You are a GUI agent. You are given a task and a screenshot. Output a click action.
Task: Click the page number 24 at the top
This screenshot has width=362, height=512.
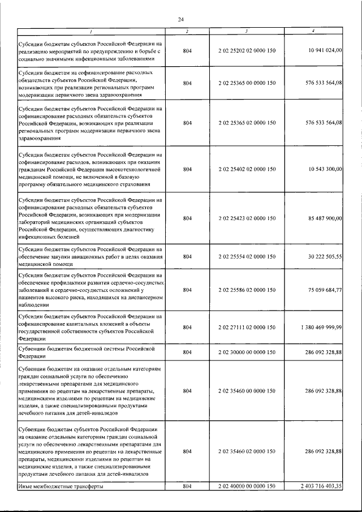click(180, 20)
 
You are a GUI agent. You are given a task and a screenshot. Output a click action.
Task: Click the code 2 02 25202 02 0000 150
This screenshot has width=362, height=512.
click(247, 51)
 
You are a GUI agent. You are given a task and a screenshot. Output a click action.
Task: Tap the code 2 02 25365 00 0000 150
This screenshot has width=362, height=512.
click(247, 83)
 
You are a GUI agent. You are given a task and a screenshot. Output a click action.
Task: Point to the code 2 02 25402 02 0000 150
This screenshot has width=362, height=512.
click(247, 169)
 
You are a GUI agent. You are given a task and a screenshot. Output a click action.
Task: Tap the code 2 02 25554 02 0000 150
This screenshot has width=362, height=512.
click(247, 256)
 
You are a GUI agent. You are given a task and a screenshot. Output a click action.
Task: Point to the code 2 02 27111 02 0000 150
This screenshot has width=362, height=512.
click(247, 327)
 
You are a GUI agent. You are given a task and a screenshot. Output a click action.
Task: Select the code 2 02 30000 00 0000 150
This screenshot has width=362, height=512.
click(247, 352)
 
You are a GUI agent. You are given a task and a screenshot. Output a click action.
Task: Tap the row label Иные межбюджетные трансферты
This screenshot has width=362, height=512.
click(57, 487)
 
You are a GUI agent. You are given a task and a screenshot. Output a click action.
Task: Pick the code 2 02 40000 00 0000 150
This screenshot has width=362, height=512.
click(247, 487)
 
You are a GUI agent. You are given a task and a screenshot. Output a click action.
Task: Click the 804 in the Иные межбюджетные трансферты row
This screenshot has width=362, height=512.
click(188, 487)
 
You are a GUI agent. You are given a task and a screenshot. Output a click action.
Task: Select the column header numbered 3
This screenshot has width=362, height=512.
click(247, 31)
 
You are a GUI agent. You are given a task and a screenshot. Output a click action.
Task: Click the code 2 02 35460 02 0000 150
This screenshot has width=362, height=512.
click(247, 451)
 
